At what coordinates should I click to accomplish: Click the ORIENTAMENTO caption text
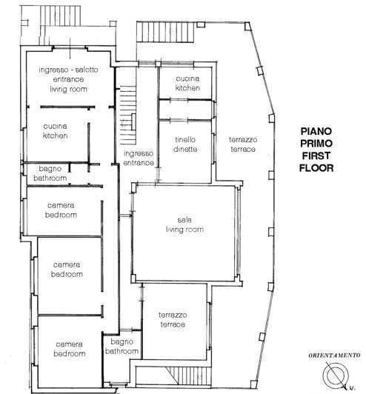pyautogui.click(x=333, y=356)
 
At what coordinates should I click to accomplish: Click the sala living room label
pyautogui.click(x=184, y=224)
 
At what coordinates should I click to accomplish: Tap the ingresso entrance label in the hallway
pyautogui.click(x=139, y=157)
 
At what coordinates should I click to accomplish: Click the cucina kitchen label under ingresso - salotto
pyautogui.click(x=56, y=131)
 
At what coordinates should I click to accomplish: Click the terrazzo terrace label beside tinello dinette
pyautogui.click(x=242, y=144)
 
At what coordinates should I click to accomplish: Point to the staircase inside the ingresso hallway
pyautogui.click(x=129, y=111)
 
